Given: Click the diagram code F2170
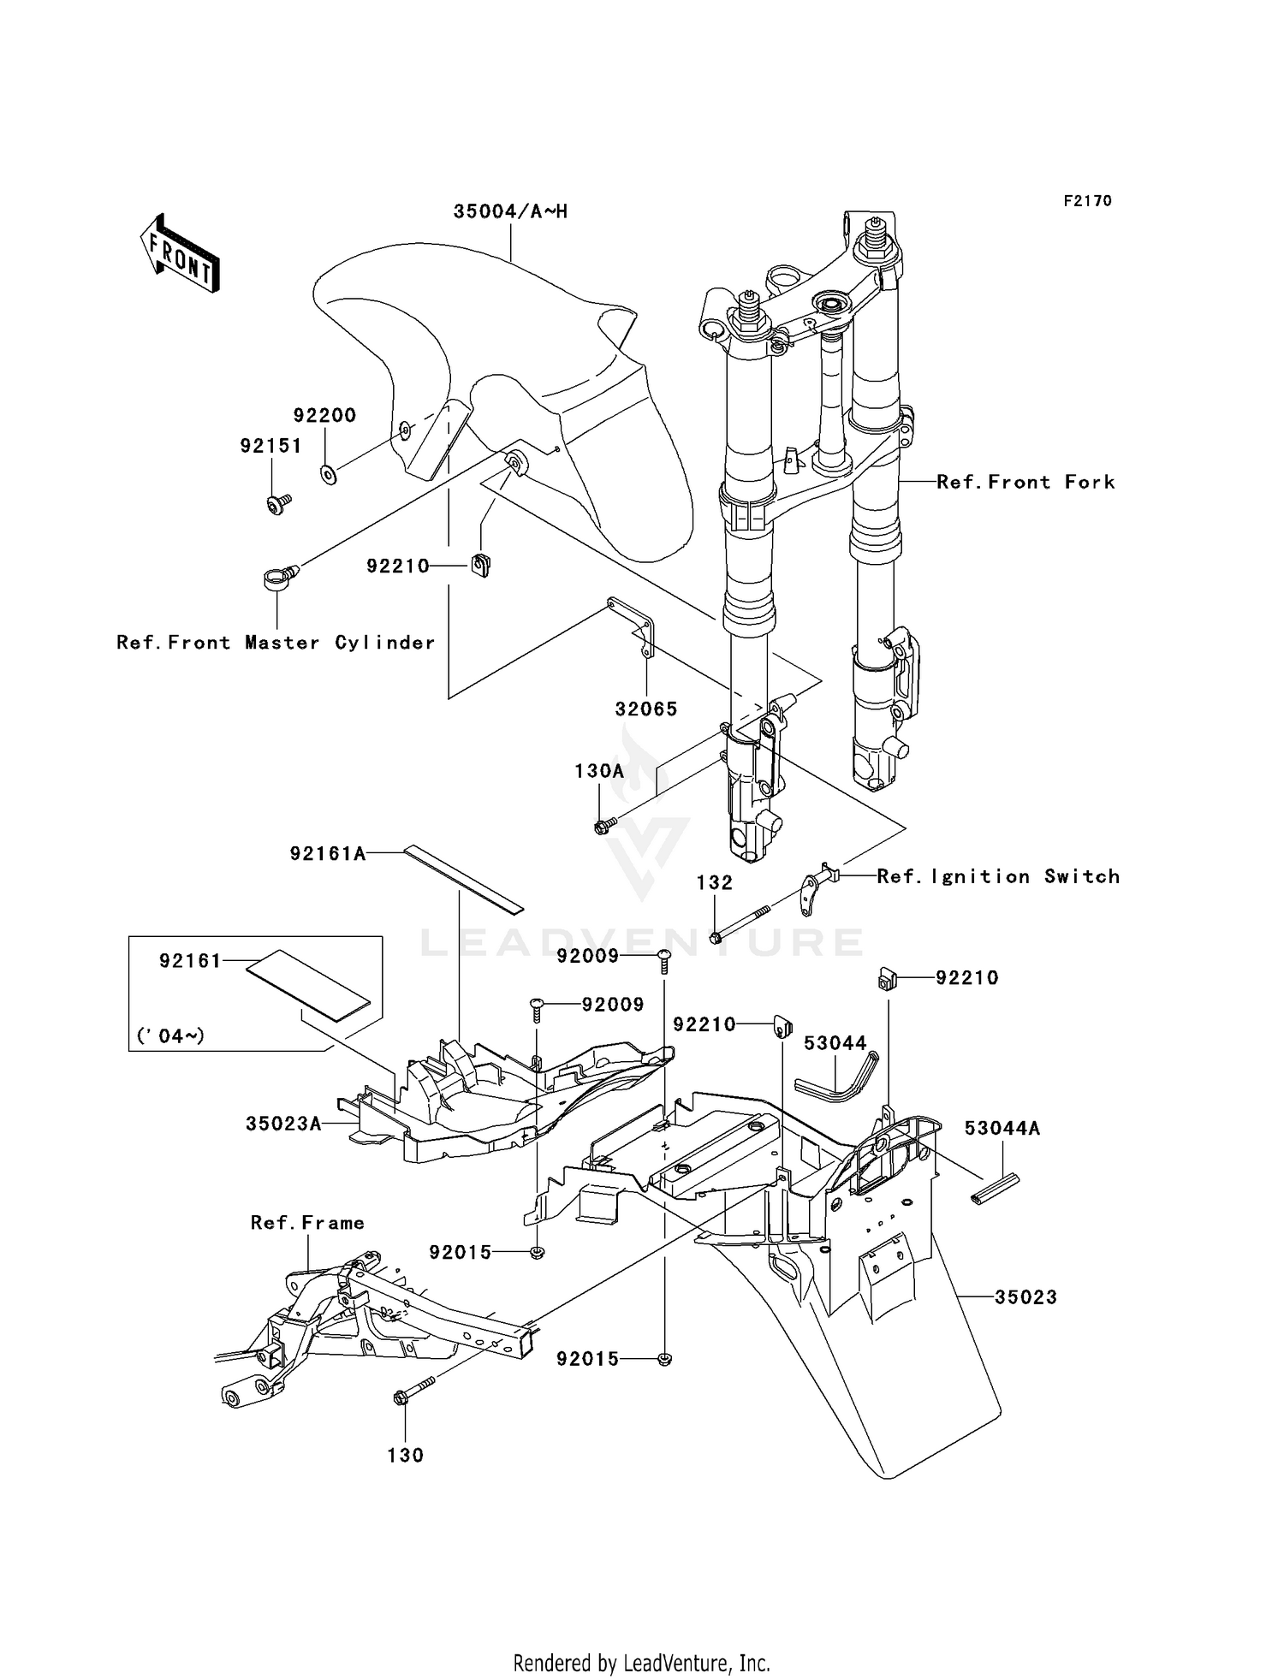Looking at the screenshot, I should pos(1087,201).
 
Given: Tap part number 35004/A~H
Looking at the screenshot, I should pos(510,211).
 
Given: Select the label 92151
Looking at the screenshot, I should pos(270,446).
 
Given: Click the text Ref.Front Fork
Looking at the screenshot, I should pos(1025,482).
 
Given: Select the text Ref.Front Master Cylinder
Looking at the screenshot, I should pos(276,643).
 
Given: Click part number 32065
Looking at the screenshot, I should pos(645,709).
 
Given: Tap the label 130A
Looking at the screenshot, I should pos(599,771).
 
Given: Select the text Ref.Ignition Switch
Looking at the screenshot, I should pos(998,876).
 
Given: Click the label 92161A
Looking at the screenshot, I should pos(327,853).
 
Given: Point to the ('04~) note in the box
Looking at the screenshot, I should pos(170,1036).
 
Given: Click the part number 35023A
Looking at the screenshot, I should pos(283,1124).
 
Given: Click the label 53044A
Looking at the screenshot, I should pos(1002,1129).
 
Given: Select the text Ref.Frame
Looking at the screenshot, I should pos(307,1223).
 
